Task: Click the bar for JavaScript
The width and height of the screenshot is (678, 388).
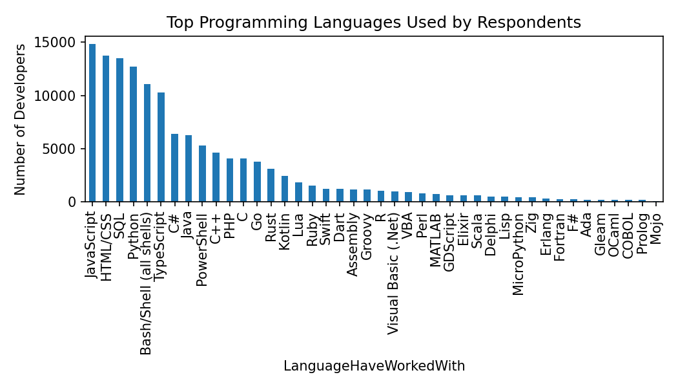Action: pyautogui.click(x=92, y=123)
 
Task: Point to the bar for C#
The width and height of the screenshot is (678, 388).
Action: pyautogui.click(x=174, y=167)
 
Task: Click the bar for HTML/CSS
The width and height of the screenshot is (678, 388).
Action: pyautogui.click(x=106, y=129)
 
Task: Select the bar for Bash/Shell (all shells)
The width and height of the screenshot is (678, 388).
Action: pyautogui.click(x=147, y=143)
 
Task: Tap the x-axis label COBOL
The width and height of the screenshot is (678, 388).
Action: pyautogui.click(x=628, y=233)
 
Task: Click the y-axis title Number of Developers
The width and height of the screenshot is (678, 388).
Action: pyautogui.click(x=21, y=119)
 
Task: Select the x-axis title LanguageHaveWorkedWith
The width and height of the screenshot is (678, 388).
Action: pyautogui.click(x=374, y=366)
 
